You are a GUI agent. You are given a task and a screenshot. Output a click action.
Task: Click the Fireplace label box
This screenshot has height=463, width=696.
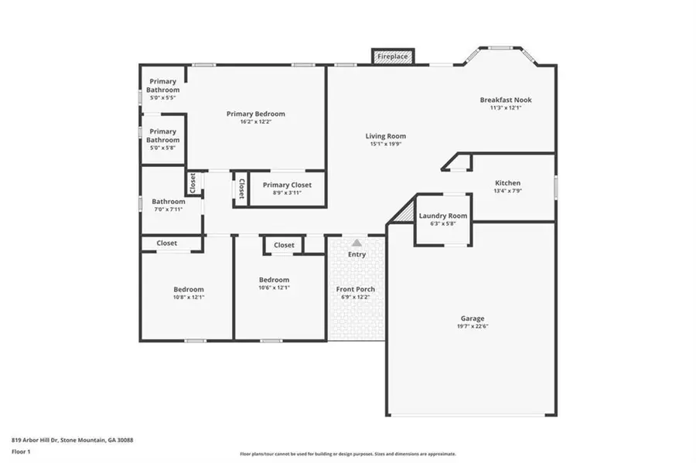tap(393, 56)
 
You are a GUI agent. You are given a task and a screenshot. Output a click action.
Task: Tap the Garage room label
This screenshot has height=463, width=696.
tap(473, 318)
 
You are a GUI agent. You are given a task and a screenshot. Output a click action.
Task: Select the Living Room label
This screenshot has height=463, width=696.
tap(386, 136)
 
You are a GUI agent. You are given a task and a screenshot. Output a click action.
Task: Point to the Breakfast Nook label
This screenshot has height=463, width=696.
tap(506, 100)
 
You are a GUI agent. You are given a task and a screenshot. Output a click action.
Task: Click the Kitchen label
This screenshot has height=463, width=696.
tap(508, 182)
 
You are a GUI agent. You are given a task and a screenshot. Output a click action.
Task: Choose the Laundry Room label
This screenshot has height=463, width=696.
tap(443, 216)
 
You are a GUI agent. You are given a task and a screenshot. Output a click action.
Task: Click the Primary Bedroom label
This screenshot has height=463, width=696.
tap(256, 114)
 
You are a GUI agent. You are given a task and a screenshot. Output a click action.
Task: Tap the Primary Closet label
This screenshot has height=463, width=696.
tap(287, 185)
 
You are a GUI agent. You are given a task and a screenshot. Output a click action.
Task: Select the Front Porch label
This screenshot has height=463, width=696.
tap(356, 289)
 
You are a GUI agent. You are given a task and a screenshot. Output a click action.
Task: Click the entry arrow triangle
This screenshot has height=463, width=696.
tap(357, 243)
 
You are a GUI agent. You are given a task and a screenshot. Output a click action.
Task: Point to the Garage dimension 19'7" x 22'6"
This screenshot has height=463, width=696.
tap(473, 326)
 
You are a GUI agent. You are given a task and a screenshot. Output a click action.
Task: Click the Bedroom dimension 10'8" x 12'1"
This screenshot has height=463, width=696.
tap(189, 297)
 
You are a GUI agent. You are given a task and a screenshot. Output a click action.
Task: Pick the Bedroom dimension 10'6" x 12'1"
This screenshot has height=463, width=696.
tap(275, 288)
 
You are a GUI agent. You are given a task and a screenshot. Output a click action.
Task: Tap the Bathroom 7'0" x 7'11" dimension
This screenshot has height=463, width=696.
tap(169, 209)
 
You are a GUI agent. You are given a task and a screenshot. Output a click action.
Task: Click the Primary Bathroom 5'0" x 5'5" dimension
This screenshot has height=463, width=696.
tap(163, 97)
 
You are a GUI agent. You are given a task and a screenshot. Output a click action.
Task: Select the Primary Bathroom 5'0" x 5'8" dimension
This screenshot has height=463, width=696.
tap(163, 148)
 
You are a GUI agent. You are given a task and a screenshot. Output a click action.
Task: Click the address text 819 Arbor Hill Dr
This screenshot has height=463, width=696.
tap(35, 441)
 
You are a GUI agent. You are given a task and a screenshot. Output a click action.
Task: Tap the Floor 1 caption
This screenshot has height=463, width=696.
tap(21, 452)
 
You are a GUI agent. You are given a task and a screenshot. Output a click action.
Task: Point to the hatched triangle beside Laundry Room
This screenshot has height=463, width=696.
tap(406, 213)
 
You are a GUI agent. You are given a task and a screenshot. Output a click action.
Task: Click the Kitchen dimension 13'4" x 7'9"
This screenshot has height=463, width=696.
tap(508, 191)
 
